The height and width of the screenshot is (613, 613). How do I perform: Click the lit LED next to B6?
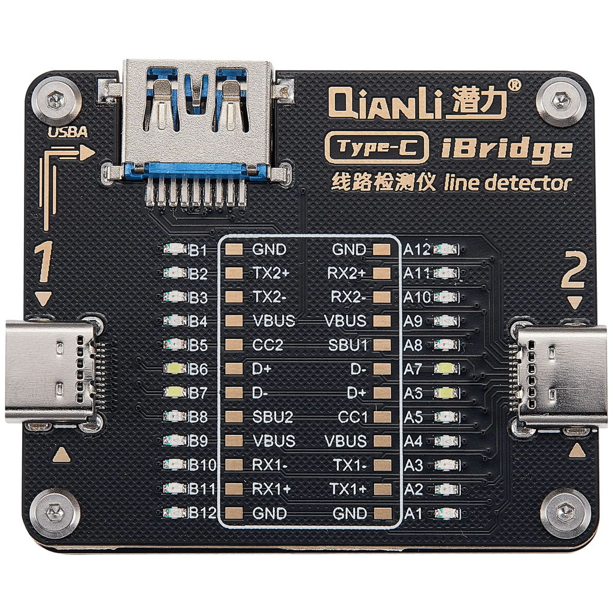point(174,368)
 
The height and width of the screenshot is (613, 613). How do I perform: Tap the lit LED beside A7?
point(445,368)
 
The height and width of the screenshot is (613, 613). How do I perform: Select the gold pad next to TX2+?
point(234,273)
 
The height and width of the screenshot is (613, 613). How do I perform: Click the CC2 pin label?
point(268,345)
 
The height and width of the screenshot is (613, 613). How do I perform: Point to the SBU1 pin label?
point(348,345)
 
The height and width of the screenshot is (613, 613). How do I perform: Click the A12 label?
point(417,250)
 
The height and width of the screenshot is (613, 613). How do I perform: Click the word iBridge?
point(506,150)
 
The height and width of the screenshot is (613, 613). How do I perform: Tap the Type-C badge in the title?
point(377,148)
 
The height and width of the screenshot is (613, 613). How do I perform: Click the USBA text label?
point(68,132)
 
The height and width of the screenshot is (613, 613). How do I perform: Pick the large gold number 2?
point(573,270)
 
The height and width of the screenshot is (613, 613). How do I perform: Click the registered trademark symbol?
point(514,85)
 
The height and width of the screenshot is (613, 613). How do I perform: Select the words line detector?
point(508,183)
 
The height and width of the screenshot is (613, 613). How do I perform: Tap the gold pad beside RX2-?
point(382,297)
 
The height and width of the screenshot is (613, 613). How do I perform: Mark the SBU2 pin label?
point(272,417)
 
